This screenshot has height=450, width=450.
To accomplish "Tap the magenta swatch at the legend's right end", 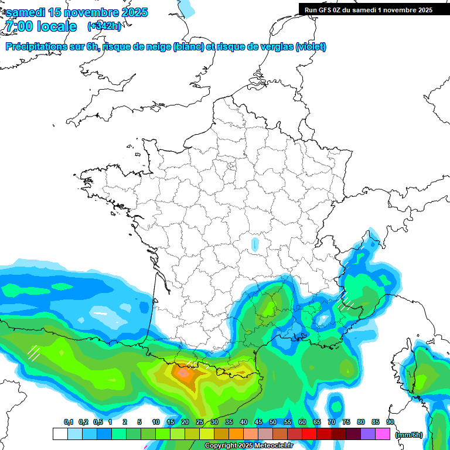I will (383, 434).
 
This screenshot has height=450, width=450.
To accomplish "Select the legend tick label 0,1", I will (69, 422).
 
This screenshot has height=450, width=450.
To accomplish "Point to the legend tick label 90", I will (390, 422).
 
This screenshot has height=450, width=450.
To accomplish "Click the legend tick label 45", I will (258, 422).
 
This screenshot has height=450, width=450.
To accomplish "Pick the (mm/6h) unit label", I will (408, 435).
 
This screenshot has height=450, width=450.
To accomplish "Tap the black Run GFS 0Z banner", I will (369, 9).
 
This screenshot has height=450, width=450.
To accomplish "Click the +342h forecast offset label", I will (104, 26).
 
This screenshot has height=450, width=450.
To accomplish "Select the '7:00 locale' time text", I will (41, 26).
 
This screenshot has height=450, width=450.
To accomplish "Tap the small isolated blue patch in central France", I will (254, 243).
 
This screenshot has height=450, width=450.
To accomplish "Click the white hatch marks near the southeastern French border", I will (346, 300).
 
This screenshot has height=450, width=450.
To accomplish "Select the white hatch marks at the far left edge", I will (33, 353).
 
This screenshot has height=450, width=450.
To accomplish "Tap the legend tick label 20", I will (185, 422).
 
